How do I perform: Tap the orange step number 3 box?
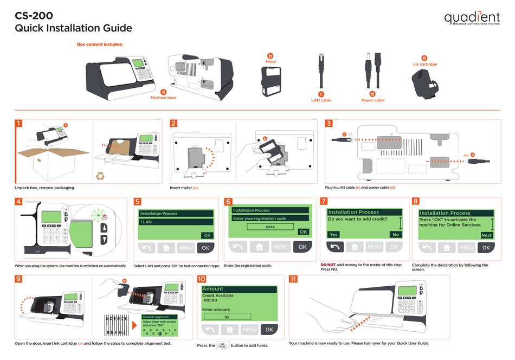point(329,123)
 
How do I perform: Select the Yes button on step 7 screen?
point(333,235)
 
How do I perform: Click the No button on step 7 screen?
point(395,235)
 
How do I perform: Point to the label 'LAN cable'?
point(321,100)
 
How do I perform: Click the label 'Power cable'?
point(372,100)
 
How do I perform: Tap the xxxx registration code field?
point(270,227)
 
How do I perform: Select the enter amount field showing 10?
point(227,316)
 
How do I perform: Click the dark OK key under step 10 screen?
point(268,330)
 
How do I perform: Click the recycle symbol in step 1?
point(101,176)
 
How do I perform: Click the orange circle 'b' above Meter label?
point(271,56)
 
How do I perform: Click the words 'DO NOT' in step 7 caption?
point(328,265)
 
